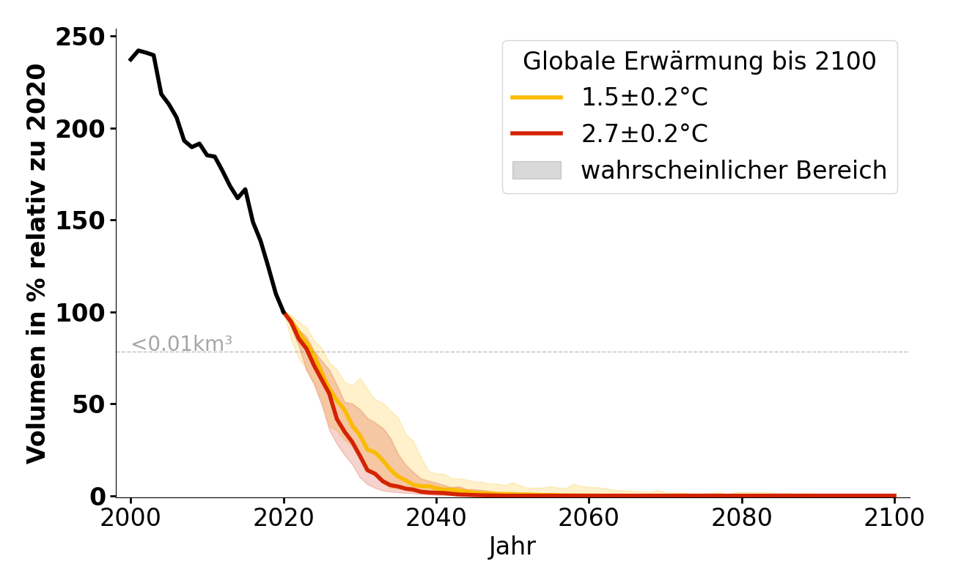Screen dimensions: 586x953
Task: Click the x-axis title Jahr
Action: (512, 547)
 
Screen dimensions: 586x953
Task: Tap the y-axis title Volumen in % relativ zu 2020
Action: (37, 264)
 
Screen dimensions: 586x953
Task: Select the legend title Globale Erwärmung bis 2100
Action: (699, 62)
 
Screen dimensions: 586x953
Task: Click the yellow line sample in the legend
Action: (537, 97)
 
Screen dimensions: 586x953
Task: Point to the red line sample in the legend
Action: (537, 134)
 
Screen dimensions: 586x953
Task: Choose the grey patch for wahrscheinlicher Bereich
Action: (537, 171)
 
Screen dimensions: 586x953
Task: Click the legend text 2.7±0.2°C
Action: (644, 134)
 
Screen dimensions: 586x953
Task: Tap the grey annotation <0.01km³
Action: (182, 344)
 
